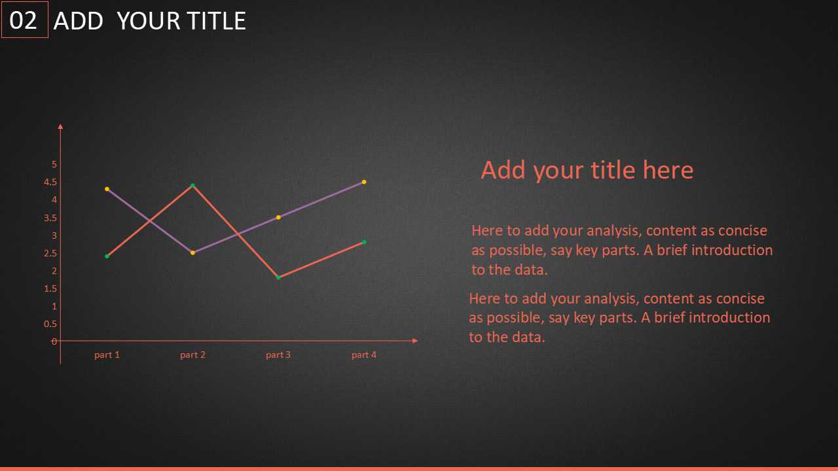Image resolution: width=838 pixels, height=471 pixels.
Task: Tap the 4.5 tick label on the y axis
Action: (x=50, y=182)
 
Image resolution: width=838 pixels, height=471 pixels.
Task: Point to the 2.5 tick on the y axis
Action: (x=50, y=253)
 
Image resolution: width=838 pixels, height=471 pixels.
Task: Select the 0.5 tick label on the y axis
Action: (x=50, y=324)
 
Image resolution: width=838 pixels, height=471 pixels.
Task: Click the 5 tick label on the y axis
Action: (x=54, y=164)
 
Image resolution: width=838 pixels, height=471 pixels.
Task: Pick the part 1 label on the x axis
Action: (x=107, y=355)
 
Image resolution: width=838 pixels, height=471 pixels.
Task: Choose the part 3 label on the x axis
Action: (x=278, y=355)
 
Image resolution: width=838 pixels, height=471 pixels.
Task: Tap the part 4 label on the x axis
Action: (x=364, y=355)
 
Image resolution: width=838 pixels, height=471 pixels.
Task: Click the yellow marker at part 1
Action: (x=107, y=189)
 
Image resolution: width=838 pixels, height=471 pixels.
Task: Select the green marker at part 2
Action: (x=192, y=185)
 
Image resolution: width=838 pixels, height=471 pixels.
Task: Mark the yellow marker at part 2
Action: (x=192, y=253)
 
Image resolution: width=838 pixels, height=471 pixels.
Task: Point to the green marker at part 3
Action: (x=278, y=278)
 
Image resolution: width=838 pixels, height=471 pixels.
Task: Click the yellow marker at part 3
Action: (x=278, y=218)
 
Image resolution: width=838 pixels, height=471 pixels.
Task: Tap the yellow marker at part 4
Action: (x=364, y=182)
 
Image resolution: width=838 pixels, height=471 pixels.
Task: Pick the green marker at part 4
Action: (x=364, y=242)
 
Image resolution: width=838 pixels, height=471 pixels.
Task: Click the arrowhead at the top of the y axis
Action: (x=61, y=126)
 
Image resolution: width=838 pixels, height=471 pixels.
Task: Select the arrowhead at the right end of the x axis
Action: (x=415, y=341)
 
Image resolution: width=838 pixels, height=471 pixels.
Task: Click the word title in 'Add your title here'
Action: (x=613, y=170)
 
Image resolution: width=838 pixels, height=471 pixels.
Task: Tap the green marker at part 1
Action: (x=107, y=256)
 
